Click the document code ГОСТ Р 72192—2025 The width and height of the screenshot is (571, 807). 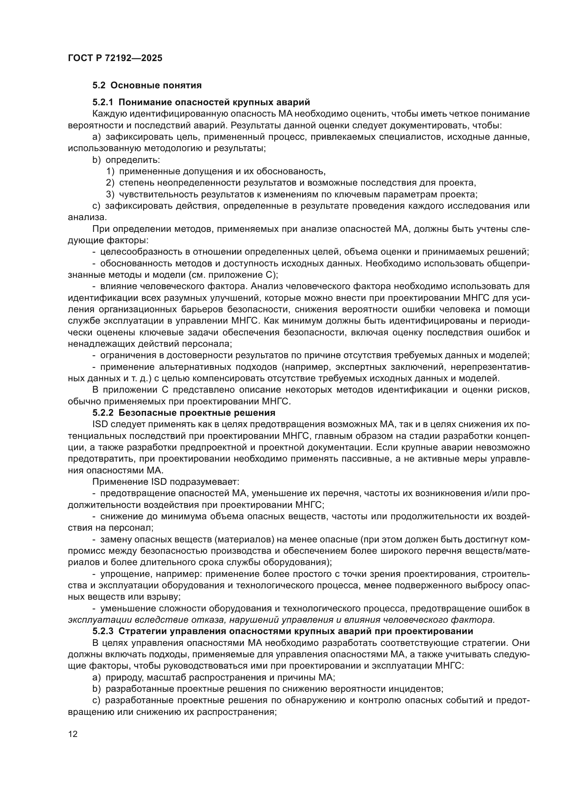pyautogui.click(x=115, y=58)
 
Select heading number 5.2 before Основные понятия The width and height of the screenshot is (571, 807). pyautogui.click(x=99, y=86)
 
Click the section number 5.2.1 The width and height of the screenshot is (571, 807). pyautogui.click(x=103, y=102)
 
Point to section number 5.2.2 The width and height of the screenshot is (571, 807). pyautogui.click(x=103, y=413)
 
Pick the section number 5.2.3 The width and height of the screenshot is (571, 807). pyautogui.click(x=103, y=631)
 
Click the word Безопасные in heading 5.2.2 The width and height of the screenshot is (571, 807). pyautogui.click(x=146, y=413)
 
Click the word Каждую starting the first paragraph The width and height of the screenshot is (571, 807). pyautogui.click(x=109, y=114)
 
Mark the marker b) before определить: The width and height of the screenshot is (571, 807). pyautogui.click(x=96, y=160)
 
